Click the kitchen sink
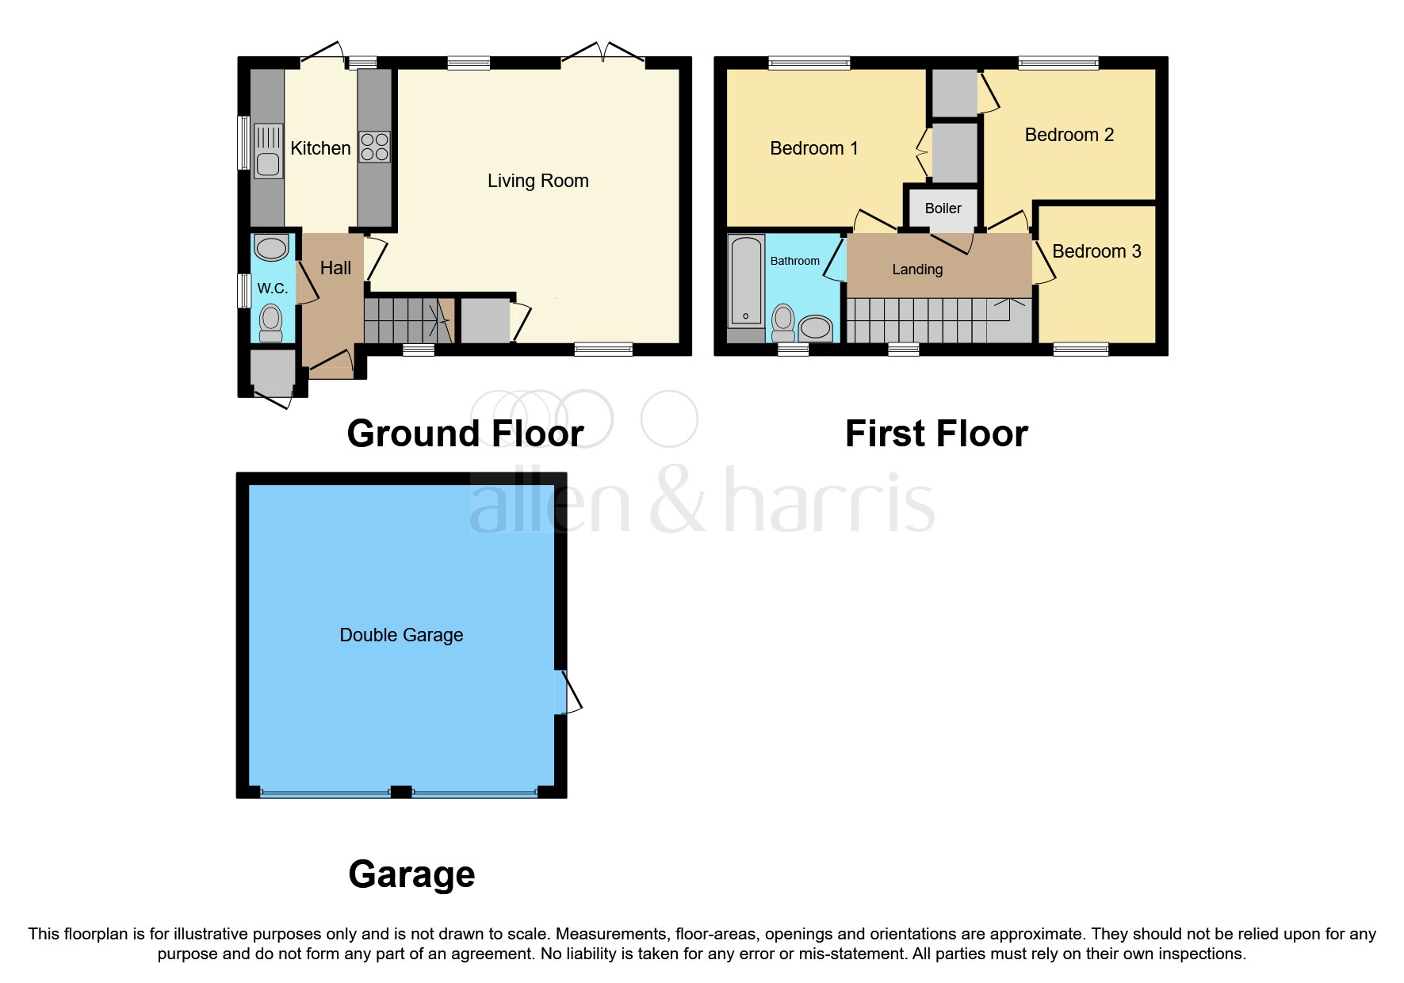click(x=269, y=151)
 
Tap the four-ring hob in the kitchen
click(x=374, y=147)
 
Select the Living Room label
click(x=537, y=181)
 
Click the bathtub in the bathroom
click(x=746, y=281)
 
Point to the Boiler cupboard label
click(x=943, y=208)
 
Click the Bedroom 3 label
click(x=1096, y=251)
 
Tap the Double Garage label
click(x=401, y=635)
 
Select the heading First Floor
click(x=935, y=434)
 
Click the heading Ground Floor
click(x=465, y=434)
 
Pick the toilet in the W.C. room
click(x=271, y=322)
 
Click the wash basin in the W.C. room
click(x=272, y=248)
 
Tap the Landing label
click(x=917, y=270)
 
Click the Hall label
click(x=335, y=268)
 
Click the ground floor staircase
click(x=405, y=319)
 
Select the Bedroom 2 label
click(x=1069, y=135)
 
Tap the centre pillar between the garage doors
click(x=402, y=791)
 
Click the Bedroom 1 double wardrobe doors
click(x=924, y=151)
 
